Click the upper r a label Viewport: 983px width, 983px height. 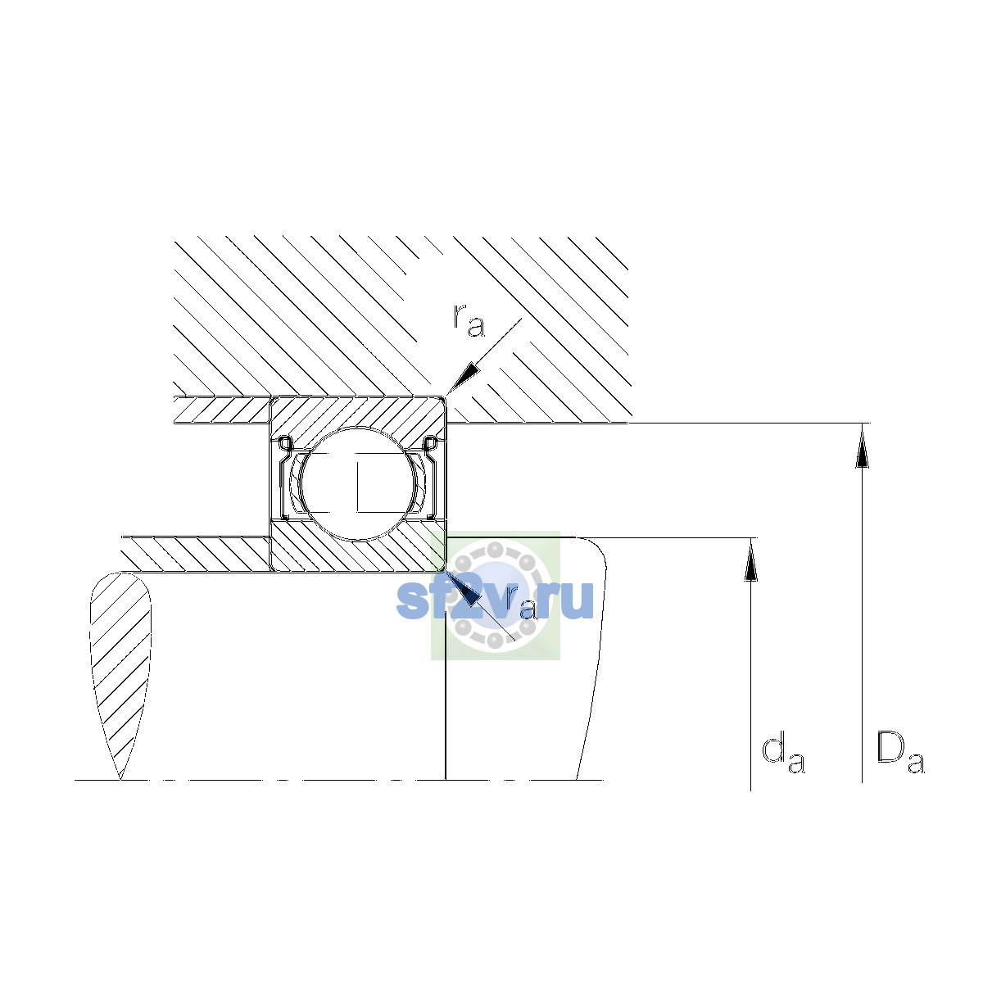(x=469, y=320)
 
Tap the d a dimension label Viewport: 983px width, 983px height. (x=783, y=755)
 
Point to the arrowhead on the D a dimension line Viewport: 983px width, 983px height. (x=862, y=446)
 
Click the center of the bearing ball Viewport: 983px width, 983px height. (x=359, y=483)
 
